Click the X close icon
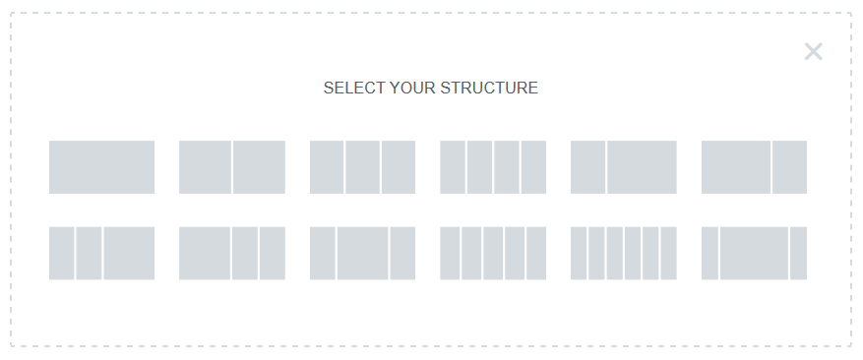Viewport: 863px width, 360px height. pyautogui.click(x=813, y=52)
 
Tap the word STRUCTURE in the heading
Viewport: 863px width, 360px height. pyautogui.click(x=489, y=89)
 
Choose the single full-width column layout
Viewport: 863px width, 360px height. pyautogui.click(x=101, y=167)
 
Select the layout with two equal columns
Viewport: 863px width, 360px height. pyautogui.click(x=232, y=167)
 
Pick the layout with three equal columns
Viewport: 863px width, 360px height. pyautogui.click(x=362, y=167)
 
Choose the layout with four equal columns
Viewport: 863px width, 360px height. pyautogui.click(x=493, y=167)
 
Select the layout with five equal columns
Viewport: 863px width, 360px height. pyautogui.click(x=493, y=253)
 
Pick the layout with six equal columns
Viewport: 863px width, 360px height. pyautogui.click(x=624, y=253)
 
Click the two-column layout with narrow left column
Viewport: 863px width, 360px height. pyautogui.click(x=624, y=167)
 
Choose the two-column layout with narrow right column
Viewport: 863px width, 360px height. pyautogui.click(x=754, y=167)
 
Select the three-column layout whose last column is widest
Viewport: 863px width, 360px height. pyautogui.click(x=101, y=253)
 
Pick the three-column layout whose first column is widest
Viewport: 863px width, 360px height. pyautogui.click(x=232, y=253)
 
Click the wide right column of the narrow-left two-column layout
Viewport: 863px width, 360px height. pyautogui.click(x=642, y=167)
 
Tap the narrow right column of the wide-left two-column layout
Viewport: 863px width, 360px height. pyautogui.click(x=789, y=167)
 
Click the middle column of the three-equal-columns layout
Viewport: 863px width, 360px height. pyautogui.click(x=362, y=167)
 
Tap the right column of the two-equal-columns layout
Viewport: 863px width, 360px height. pyautogui.click(x=259, y=167)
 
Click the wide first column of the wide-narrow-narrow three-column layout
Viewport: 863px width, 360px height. pyautogui.click(x=205, y=253)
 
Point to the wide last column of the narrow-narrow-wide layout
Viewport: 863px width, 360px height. pyautogui.click(x=129, y=253)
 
